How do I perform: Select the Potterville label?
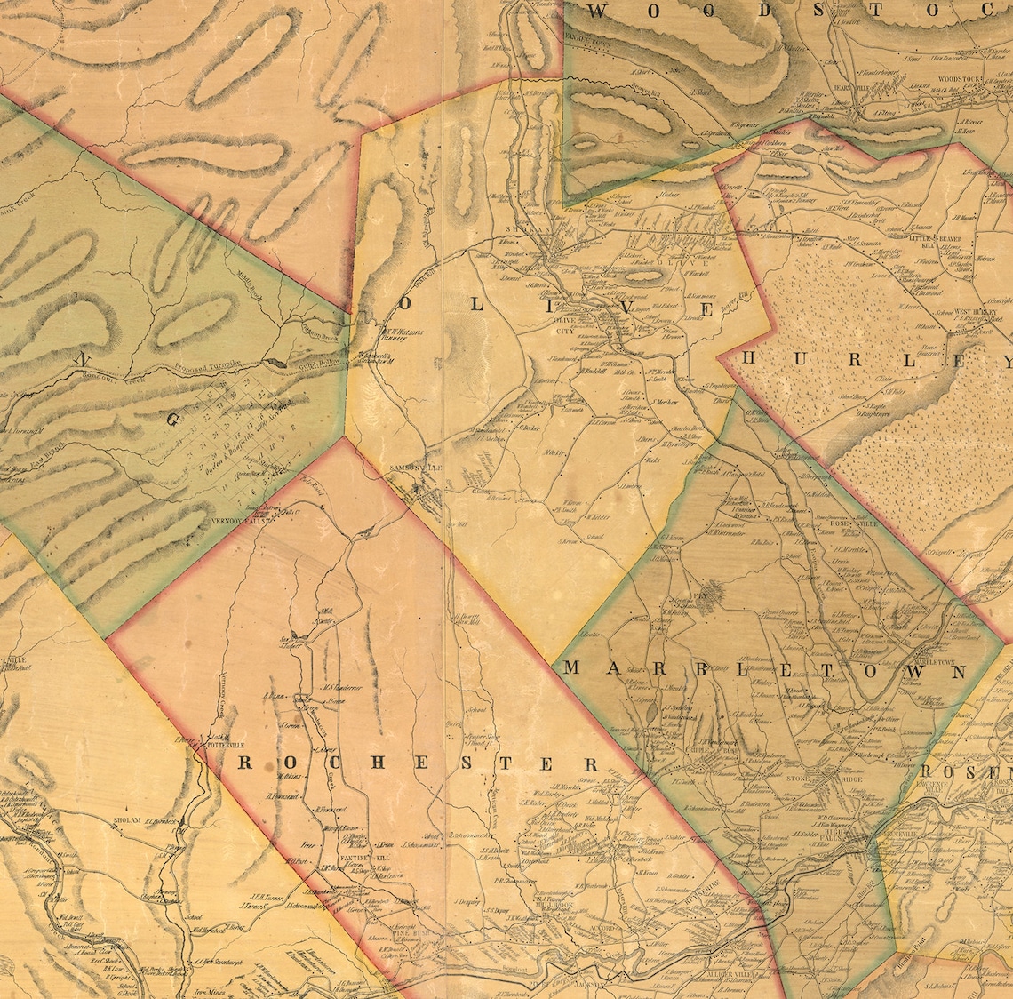pyautogui.click(x=219, y=745)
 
